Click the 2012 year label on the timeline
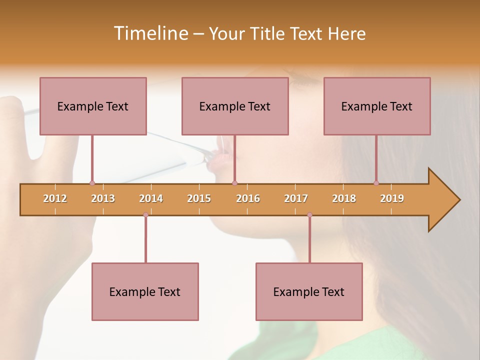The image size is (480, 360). point(55,198)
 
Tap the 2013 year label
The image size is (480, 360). point(103,198)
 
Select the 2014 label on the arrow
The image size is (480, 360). point(151,198)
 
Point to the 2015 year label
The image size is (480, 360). point(199,198)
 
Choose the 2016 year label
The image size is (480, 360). point(248,198)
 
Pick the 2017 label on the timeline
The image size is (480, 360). point(296,198)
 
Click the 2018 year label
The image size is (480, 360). point(344,198)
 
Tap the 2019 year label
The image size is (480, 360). point(392,198)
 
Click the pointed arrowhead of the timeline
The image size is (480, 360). point(445,200)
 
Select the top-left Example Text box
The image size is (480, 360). point(93,106)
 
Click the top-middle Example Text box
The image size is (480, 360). point(235,106)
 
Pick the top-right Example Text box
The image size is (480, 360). point(377,106)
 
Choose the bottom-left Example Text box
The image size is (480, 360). point(145,291)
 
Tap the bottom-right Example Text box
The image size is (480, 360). point(309,291)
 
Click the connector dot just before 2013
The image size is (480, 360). point(92,183)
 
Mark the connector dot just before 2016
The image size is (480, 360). point(234,183)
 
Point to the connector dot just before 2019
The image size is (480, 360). point(376,183)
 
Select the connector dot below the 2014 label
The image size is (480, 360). point(145,215)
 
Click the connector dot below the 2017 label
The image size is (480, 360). point(309,215)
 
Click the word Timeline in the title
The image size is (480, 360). point(150,33)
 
